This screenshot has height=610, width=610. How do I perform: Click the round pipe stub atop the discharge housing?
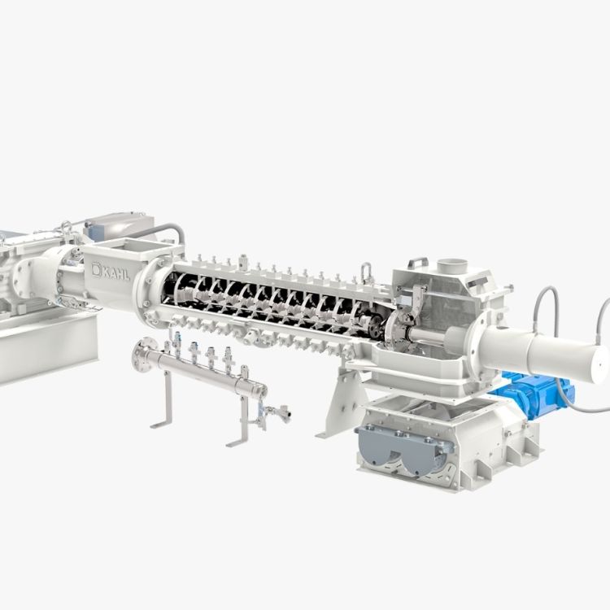point(450,266)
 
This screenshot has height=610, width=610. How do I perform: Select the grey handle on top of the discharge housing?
point(417,262)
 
